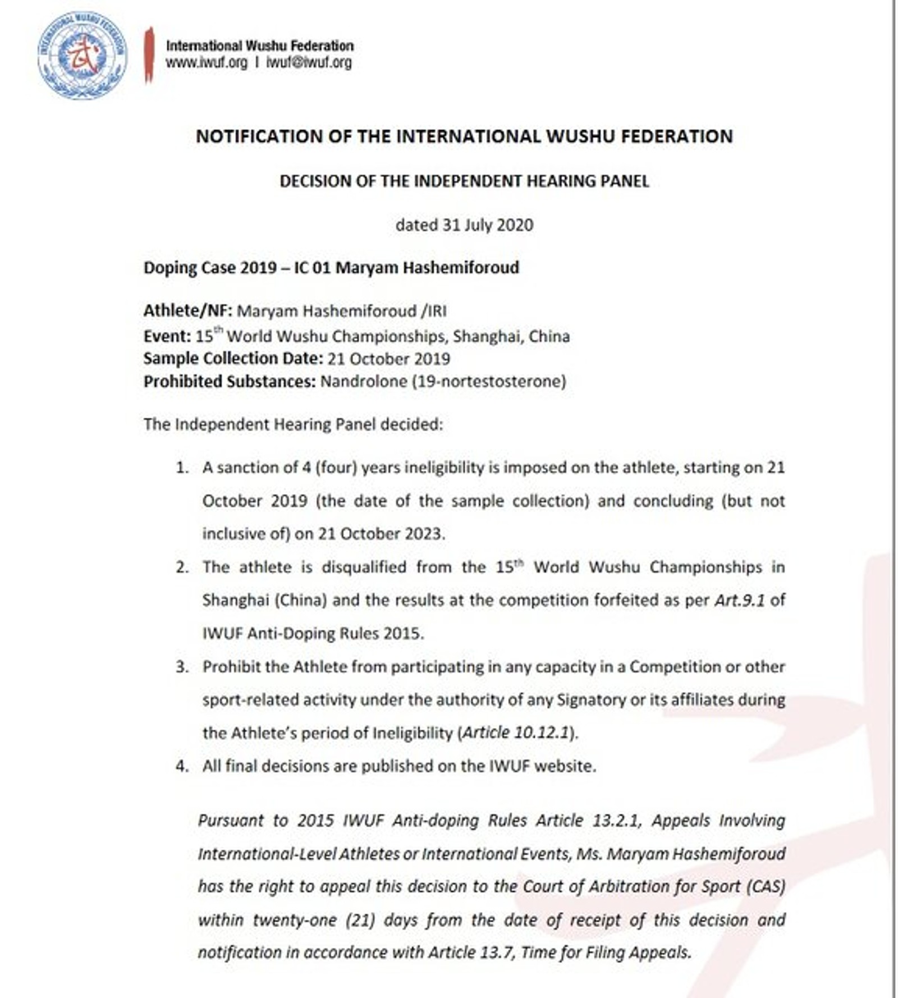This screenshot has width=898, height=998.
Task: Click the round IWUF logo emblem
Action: [x=83, y=56]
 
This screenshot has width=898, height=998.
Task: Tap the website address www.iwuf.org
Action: [x=206, y=62]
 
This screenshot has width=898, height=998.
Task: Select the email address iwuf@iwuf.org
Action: [x=309, y=62]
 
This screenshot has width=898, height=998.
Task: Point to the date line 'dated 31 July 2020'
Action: [x=464, y=225]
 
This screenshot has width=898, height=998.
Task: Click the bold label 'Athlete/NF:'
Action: [x=187, y=311]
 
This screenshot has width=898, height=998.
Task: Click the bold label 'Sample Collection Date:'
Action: [x=233, y=359]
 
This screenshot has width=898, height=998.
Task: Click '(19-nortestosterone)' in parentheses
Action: [x=489, y=382]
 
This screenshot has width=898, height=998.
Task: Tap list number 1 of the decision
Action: [x=182, y=468]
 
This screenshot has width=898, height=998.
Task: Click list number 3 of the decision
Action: [x=182, y=667]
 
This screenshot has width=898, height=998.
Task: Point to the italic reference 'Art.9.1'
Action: [x=739, y=601]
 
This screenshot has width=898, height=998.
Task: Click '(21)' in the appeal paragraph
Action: [x=360, y=921]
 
